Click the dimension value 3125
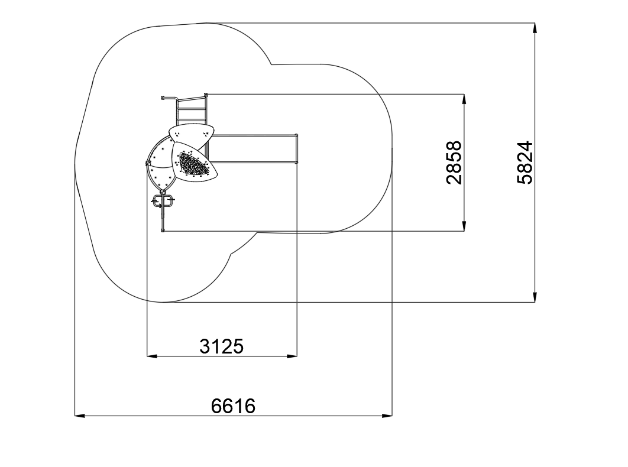coord(222,346)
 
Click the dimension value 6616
coord(233,406)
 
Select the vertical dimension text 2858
coord(454,163)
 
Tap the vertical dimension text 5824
coord(525,163)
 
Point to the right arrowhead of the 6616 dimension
coord(387,416)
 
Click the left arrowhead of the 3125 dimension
coord(152,356)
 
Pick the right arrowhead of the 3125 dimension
coord(292,356)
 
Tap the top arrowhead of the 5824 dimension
coord(535,28)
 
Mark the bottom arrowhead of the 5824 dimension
coord(535,297)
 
